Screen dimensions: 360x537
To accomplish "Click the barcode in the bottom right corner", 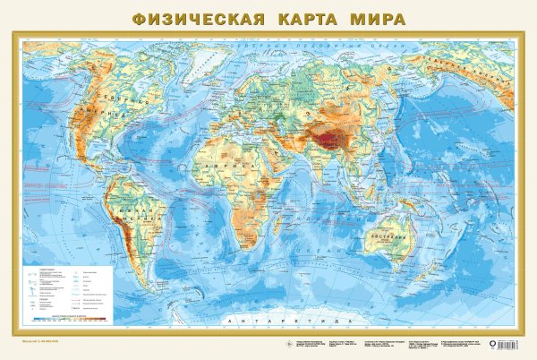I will (x=511, y=342).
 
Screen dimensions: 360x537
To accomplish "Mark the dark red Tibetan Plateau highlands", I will (x=338, y=137).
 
